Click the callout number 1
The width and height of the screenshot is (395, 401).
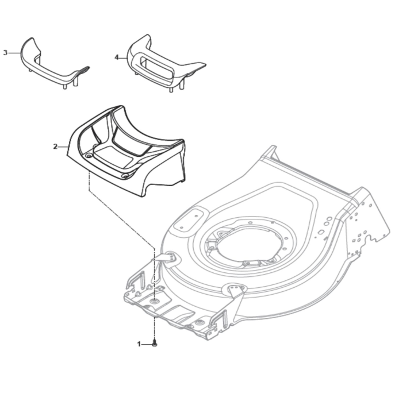click(139, 344)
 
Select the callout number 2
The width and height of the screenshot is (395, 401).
click(55, 147)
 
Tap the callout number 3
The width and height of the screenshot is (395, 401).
click(5, 53)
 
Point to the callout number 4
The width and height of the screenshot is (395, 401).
click(117, 57)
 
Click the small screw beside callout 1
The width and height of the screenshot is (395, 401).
click(154, 344)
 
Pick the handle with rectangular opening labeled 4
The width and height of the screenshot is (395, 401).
click(164, 64)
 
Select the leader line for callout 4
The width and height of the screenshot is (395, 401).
click(124, 58)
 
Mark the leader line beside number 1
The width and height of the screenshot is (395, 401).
click(147, 344)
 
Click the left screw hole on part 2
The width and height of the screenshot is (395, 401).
click(89, 156)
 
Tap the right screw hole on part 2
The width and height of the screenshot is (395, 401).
click(125, 176)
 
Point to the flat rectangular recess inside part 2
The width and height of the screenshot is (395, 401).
click(114, 156)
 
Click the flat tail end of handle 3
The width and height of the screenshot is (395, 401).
click(82, 70)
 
